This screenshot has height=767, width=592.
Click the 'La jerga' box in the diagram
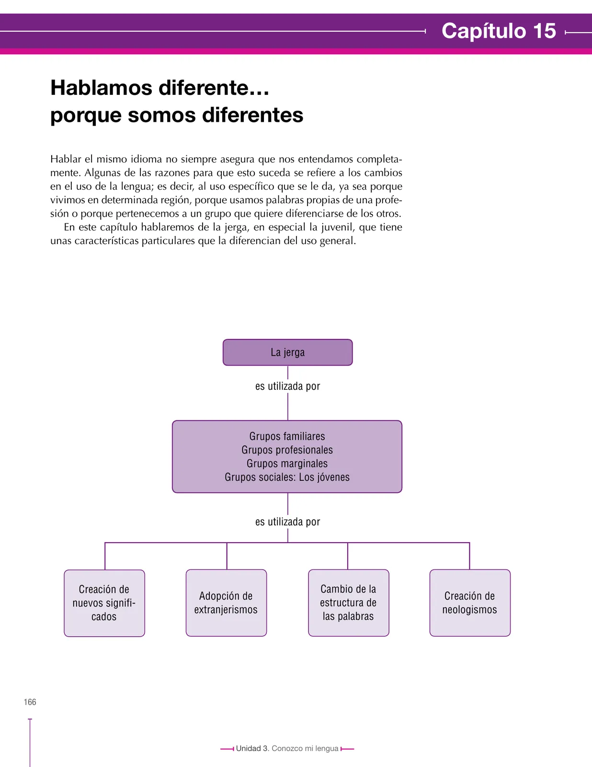(x=287, y=352)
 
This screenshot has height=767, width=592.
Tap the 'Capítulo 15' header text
(x=499, y=31)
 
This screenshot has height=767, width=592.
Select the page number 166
(x=30, y=702)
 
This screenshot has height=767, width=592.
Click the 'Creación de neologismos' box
(x=470, y=603)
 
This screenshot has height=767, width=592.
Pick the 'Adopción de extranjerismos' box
(x=226, y=603)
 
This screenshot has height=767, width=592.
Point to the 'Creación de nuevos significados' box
(x=104, y=603)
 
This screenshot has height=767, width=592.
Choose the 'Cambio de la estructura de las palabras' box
(x=348, y=603)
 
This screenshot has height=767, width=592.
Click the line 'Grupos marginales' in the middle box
(x=287, y=464)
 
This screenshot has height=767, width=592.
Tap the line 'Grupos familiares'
(x=287, y=436)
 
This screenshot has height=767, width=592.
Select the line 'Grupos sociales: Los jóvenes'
(x=287, y=477)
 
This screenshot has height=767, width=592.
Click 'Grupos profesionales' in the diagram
(x=287, y=450)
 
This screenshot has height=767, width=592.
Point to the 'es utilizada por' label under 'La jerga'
(x=288, y=386)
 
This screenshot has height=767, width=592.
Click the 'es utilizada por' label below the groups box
(x=288, y=522)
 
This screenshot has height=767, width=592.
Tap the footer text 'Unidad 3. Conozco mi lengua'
(x=287, y=748)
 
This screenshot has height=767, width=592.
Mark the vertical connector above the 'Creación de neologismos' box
(x=469, y=556)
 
